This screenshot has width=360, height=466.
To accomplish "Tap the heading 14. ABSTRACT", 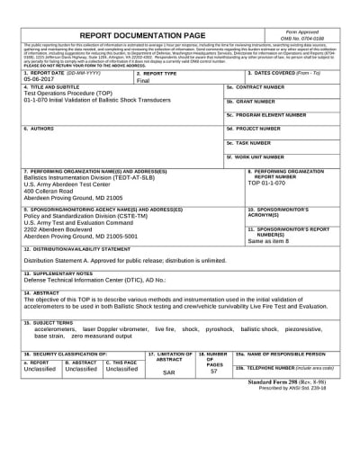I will [x=41, y=293].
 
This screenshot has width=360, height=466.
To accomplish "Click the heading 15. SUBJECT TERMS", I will [x=49, y=321].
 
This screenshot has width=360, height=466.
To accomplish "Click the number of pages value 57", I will [x=213, y=371].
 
